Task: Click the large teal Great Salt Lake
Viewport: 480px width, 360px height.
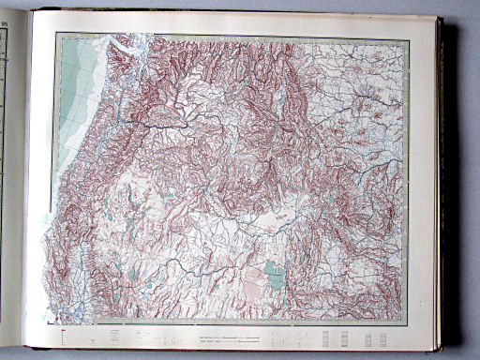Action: [x=274, y=275]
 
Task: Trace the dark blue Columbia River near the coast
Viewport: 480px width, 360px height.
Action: [x=141, y=122]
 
